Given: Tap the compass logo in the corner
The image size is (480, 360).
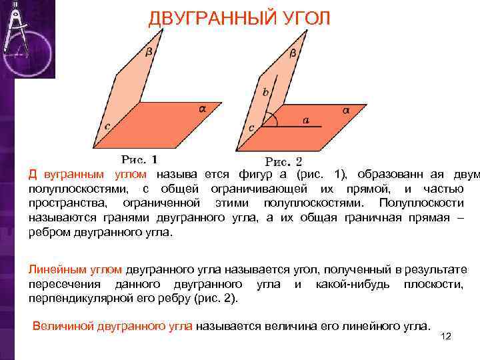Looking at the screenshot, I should (27, 37).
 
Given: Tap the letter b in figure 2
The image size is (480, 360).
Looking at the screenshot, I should (265, 93).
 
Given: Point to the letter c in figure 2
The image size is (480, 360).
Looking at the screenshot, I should (251, 127).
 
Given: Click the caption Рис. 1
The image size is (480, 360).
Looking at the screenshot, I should (139, 159).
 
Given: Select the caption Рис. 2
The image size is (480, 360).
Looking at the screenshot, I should (283, 161).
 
